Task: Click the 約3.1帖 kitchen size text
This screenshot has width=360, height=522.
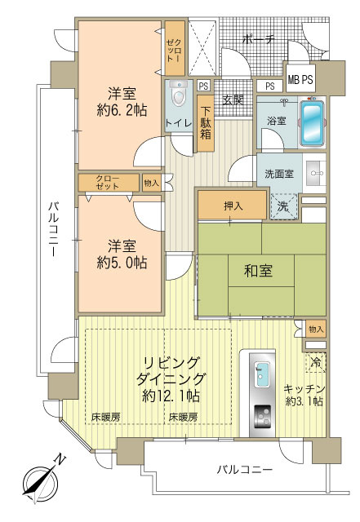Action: pos(304,401)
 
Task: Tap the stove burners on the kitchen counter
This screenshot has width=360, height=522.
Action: pos(262,416)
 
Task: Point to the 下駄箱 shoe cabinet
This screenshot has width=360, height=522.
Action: pos(205,123)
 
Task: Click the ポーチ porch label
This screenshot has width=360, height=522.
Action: pos(259,38)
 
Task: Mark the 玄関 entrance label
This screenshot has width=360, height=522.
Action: pos(232,101)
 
